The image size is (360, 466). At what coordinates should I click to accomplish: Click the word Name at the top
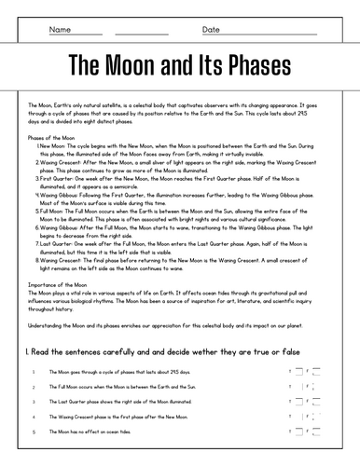[x=61, y=30]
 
